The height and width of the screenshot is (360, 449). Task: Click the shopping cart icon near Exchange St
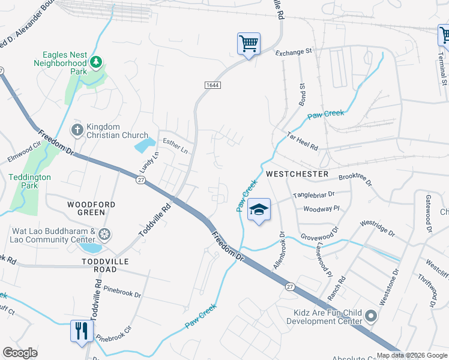point(249,44)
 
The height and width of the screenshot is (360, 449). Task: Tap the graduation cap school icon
point(259,210)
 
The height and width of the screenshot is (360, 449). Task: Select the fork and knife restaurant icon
point(81,331)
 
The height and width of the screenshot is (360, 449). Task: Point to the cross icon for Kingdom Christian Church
point(77,130)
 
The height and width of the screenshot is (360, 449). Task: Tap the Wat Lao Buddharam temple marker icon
point(104,234)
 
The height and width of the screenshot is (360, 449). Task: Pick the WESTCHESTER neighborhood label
point(297,174)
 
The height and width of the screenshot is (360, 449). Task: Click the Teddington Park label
point(30,181)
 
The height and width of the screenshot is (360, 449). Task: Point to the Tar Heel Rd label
point(302,141)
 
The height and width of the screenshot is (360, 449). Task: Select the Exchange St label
point(294,52)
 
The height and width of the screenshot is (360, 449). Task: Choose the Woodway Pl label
point(321,209)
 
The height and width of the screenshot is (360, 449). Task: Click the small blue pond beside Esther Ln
point(144,145)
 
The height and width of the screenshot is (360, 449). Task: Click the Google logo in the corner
point(20,353)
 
